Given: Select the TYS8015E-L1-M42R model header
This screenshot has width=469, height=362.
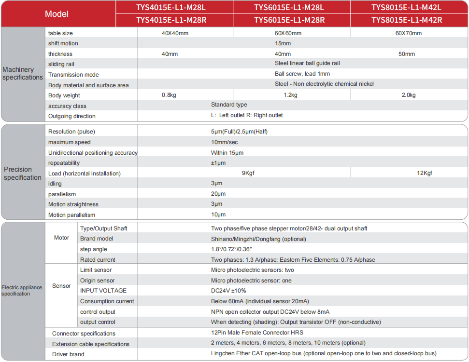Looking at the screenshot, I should [407, 20].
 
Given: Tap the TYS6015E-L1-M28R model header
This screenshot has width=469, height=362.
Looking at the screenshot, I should [289, 20].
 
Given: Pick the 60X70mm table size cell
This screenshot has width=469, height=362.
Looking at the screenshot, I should [408, 33].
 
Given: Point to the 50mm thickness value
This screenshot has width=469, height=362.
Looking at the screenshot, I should [407, 54].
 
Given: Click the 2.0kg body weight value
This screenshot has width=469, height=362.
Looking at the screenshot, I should [408, 95].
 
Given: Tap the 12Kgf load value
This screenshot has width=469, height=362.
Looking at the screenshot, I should [425, 173].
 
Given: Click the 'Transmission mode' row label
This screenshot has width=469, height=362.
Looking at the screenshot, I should [73, 75].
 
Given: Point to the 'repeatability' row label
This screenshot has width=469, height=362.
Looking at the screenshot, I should [64, 163].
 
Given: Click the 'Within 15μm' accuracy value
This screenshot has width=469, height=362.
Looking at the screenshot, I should [227, 152].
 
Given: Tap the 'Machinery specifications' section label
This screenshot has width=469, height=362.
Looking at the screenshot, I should [22, 74].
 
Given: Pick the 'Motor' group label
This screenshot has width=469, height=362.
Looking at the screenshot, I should [61, 238].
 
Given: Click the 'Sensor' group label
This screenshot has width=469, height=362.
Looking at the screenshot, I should [61, 286].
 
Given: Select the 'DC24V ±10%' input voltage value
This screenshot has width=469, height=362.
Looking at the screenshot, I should [228, 291].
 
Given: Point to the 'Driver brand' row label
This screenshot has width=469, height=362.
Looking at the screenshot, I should [68, 354].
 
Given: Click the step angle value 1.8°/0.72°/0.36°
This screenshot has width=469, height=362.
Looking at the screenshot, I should [231, 249].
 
